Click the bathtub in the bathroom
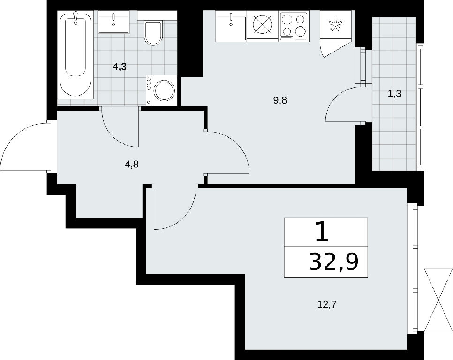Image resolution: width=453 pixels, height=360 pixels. click(76, 55)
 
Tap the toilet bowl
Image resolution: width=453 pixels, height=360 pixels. click(153, 32)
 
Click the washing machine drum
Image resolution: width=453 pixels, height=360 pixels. click(164, 90)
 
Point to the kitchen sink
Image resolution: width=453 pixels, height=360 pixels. click(231, 26)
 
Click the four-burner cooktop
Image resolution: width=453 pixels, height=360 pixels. click(294, 26)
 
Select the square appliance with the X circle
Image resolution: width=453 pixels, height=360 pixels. click(262, 26)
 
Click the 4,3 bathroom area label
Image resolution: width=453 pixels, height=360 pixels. click(120, 67)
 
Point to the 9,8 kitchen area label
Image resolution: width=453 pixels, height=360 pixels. click(280, 100)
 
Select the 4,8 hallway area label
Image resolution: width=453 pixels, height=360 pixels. click(131, 165)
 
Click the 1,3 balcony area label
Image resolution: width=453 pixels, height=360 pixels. click(395, 94)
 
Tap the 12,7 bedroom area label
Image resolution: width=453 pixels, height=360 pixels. click(327, 304)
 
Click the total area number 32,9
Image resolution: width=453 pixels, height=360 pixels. click(334, 262)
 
